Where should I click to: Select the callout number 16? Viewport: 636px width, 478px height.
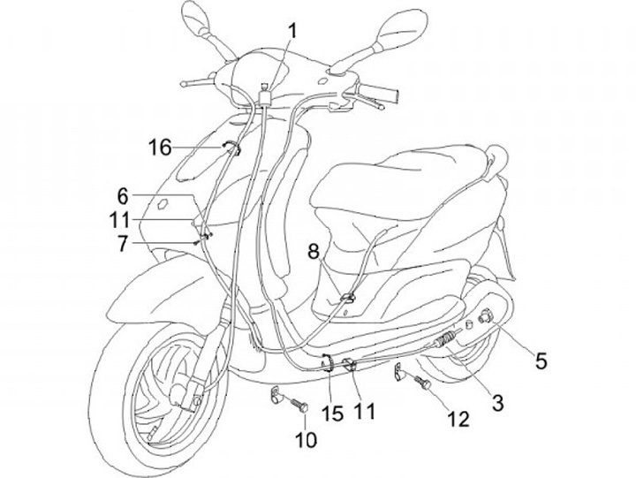[160, 148]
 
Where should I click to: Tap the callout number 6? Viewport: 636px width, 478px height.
[123, 194]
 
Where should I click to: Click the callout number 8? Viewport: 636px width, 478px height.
[313, 252]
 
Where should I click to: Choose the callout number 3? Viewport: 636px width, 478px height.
[497, 403]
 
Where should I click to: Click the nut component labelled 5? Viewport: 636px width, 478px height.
[485, 314]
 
